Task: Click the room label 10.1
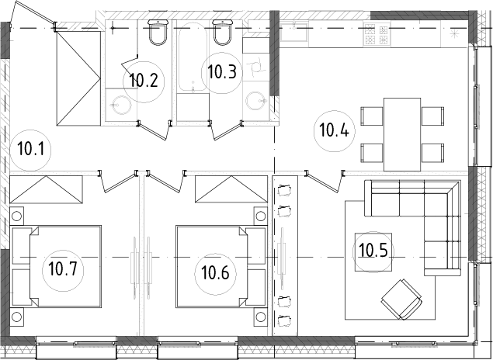coord(28,148)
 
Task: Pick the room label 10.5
coord(373,251)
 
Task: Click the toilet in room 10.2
coord(157,33)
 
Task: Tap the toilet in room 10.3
coord(224,33)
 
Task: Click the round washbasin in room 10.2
coord(119,105)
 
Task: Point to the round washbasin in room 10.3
coord(255,100)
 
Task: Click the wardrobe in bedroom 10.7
coord(47,189)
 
